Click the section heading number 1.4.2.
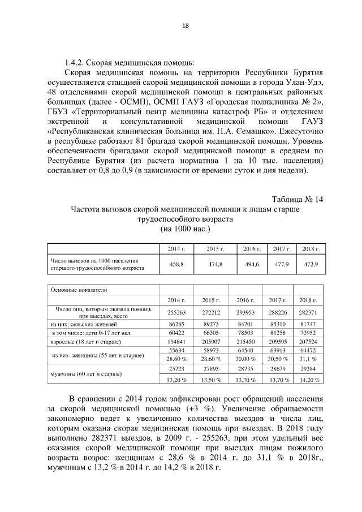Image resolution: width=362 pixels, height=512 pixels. pyautogui.click(x=75, y=62)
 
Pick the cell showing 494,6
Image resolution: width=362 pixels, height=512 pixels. pyautogui.click(x=251, y=264)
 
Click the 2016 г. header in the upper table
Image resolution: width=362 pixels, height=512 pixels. pyautogui.click(x=251, y=249)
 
